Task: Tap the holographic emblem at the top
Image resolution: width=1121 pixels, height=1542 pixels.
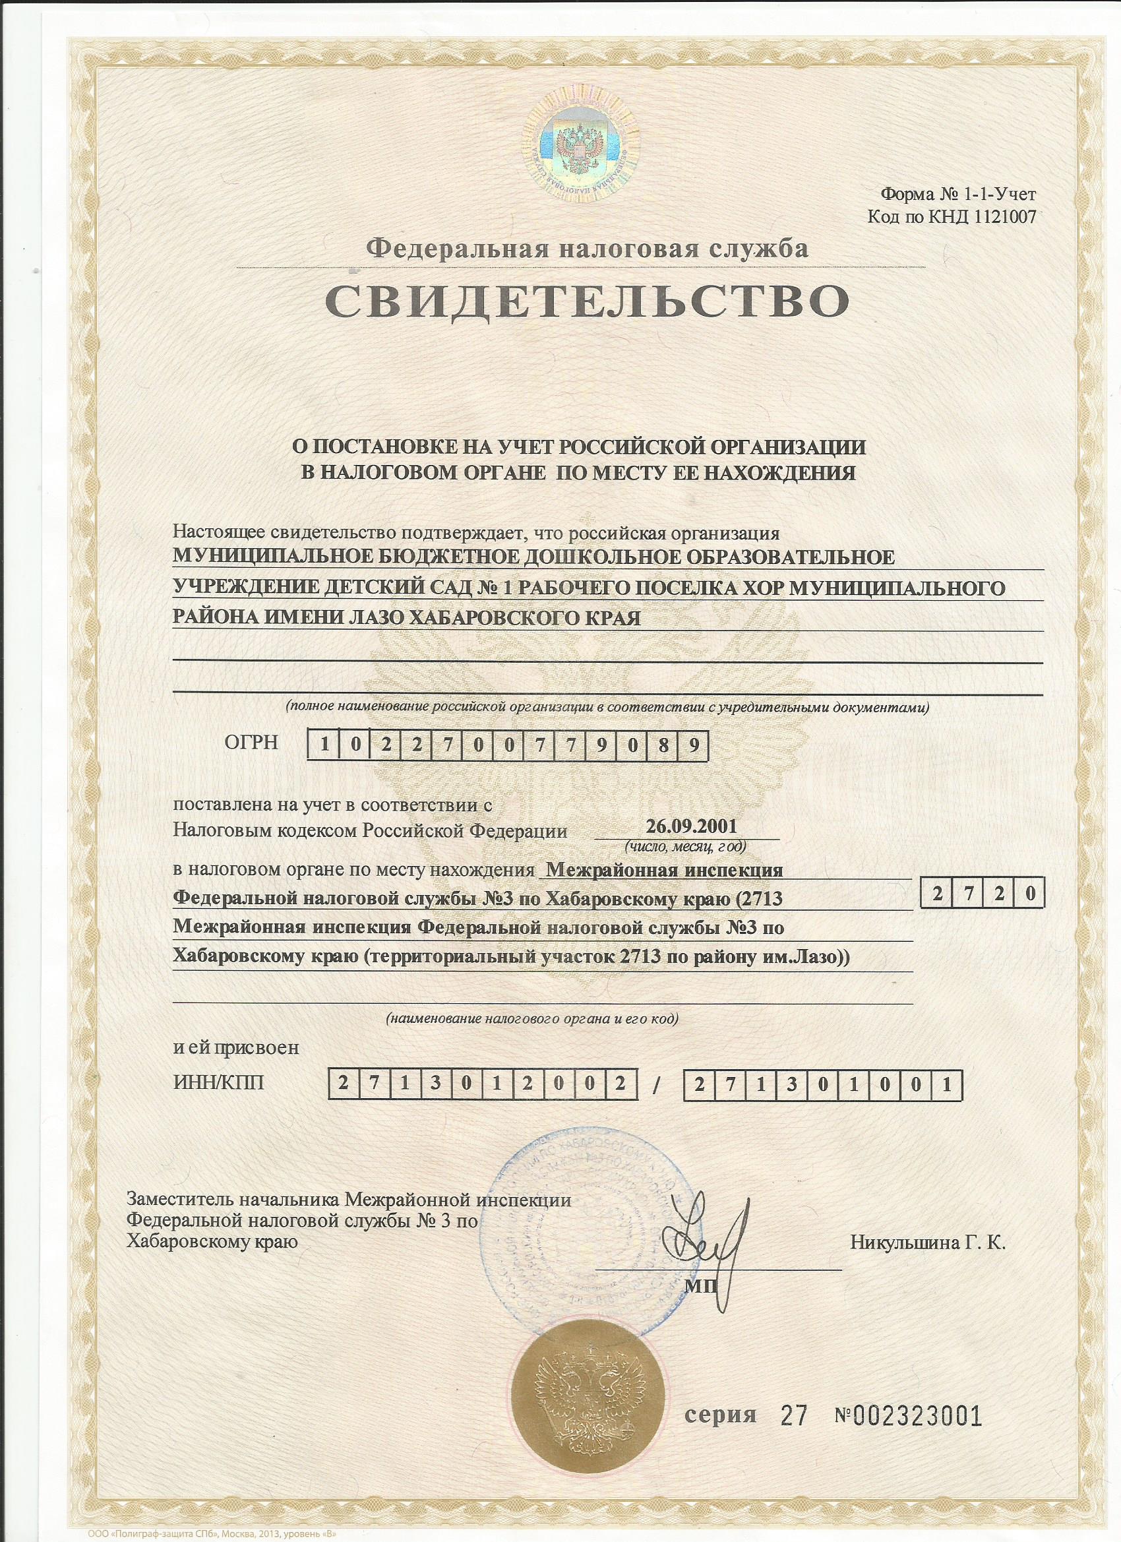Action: (580, 145)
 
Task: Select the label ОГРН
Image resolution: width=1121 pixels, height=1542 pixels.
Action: (251, 743)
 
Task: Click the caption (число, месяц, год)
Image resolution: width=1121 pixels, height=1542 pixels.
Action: (686, 847)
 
